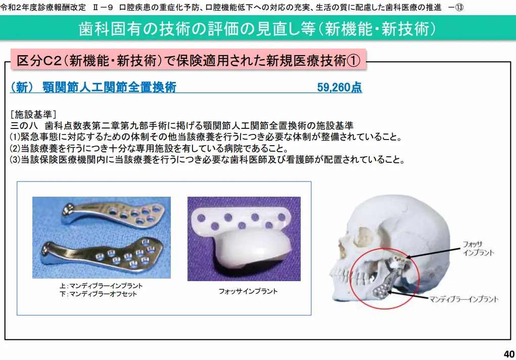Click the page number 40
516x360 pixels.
509,354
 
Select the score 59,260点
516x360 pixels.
339,87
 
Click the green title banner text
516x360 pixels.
257,29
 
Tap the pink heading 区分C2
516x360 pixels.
188,60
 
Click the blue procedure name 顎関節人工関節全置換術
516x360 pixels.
109,87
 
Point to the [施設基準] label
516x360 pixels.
33,114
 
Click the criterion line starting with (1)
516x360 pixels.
206,137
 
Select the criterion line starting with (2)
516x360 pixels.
149,148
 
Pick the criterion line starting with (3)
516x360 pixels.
207,159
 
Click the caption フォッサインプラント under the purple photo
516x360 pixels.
248,291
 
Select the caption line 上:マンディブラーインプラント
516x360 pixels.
101,286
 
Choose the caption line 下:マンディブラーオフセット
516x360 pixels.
98,294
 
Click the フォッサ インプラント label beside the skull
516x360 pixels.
478,248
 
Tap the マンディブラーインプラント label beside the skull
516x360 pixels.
463,299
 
